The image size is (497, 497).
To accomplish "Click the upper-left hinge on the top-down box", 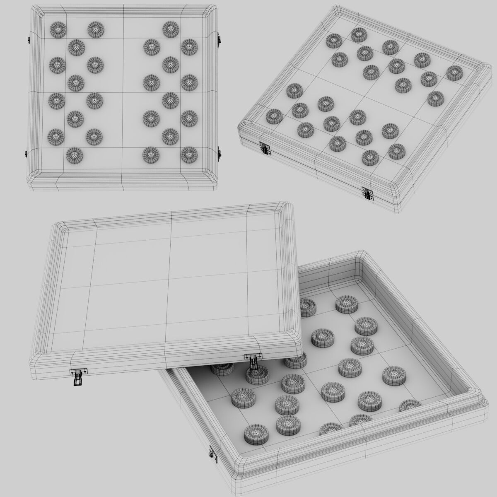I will pos(28,40).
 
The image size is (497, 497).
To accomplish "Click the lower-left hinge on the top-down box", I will pos(26,153).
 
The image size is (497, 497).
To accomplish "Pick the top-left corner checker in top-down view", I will pos(58,29).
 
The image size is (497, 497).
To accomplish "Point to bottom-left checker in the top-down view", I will pos(75,155).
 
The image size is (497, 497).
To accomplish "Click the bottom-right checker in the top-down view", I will pos(188,154).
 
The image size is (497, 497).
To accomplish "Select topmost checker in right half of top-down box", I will pos(170,29).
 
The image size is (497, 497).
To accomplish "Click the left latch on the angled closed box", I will pos(263,148).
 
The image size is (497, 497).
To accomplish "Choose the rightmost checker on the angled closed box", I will pos(454,72).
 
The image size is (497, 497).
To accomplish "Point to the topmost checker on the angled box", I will pos(359,34).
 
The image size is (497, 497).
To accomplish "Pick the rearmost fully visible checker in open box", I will pos(347,304).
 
